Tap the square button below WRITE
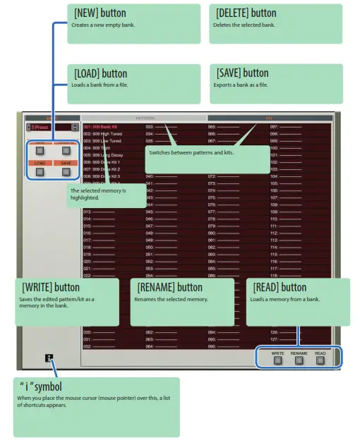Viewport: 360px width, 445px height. (x=277, y=359)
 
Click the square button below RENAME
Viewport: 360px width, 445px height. (x=299, y=359)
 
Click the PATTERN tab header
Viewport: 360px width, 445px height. (x=144, y=118)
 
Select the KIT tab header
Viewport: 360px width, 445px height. (x=270, y=118)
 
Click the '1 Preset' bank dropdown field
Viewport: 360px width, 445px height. (x=47, y=128)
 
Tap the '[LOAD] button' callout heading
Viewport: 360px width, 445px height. (x=100, y=73)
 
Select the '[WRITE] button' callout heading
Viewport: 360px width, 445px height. (x=51, y=287)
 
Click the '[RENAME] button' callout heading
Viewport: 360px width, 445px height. (x=169, y=287)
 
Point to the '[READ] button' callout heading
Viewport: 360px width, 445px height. (x=280, y=287)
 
